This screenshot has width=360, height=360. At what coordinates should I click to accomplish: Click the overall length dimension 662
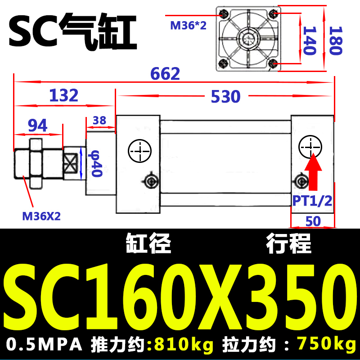(x=165, y=73)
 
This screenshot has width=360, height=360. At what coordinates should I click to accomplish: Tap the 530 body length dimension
(x=226, y=96)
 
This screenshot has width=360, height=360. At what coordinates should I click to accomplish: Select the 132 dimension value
(x=64, y=95)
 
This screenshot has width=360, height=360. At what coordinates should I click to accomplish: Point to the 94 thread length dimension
(x=38, y=126)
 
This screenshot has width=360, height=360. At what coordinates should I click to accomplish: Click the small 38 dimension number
(x=99, y=120)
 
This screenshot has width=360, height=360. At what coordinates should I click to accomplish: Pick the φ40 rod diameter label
(x=95, y=163)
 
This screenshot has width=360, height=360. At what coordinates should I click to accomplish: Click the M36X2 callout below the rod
(x=41, y=216)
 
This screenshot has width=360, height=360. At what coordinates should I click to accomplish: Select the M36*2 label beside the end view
(x=188, y=25)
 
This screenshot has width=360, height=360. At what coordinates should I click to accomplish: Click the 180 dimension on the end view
(x=336, y=40)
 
